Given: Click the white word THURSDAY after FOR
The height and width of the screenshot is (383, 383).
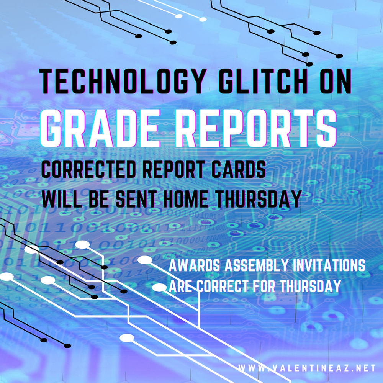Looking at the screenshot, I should click(310, 286).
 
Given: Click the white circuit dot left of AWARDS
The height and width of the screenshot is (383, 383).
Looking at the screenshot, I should click(145, 260).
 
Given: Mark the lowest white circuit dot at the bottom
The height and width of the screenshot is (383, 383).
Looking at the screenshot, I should click(127, 338).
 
